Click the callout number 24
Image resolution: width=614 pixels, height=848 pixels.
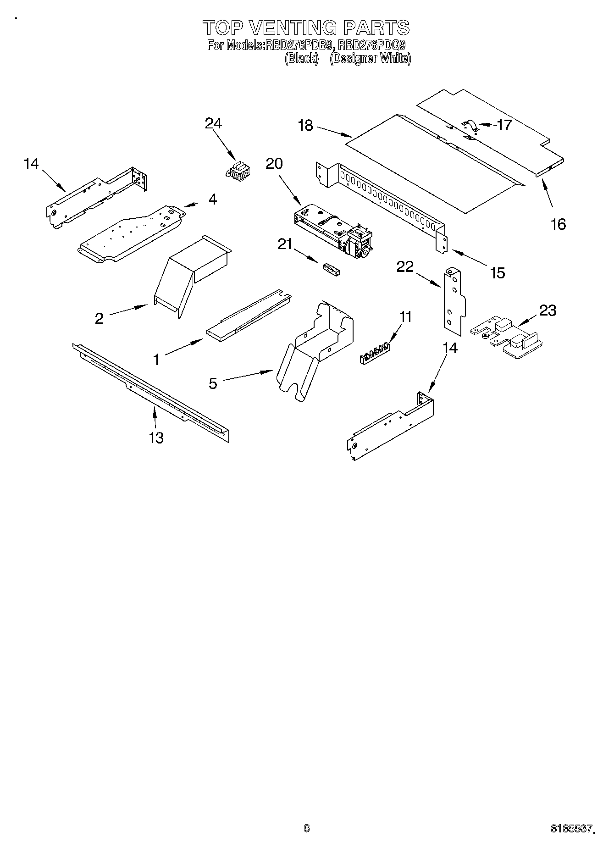(x=213, y=123)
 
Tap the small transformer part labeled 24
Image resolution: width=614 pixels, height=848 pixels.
(x=236, y=171)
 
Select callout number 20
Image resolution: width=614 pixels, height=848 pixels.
(x=274, y=163)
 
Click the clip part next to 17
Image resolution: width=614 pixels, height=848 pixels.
(x=470, y=126)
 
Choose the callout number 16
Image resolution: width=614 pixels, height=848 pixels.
(x=558, y=224)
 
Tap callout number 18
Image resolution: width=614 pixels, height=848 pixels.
(x=305, y=126)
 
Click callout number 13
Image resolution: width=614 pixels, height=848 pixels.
(x=156, y=438)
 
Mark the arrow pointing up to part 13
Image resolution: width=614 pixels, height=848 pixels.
(x=155, y=416)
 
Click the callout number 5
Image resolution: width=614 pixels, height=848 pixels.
(x=213, y=383)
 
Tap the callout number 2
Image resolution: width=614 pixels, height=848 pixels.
(x=99, y=318)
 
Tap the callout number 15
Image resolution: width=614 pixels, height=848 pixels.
(x=497, y=273)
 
